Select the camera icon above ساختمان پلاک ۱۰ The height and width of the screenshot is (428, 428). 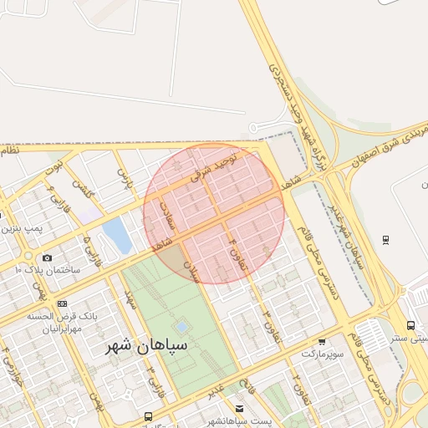click(46, 257)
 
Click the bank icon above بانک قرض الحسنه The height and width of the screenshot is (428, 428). click(62, 303)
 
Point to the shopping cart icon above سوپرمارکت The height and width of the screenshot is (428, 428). click(322, 341)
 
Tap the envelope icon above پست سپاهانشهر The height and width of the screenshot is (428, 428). click(240, 409)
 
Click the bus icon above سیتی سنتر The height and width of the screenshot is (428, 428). click(410, 325)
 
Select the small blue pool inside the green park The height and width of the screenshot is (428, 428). click(181, 327)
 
